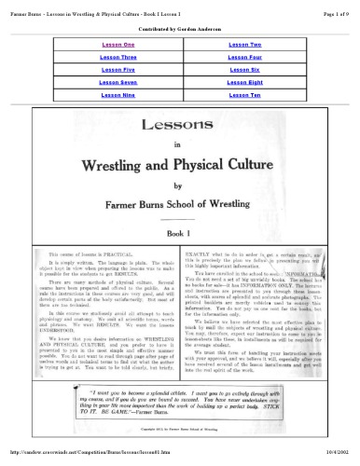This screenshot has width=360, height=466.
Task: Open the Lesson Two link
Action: [x=244, y=45]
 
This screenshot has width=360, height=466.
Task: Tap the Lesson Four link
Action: [x=244, y=58]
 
